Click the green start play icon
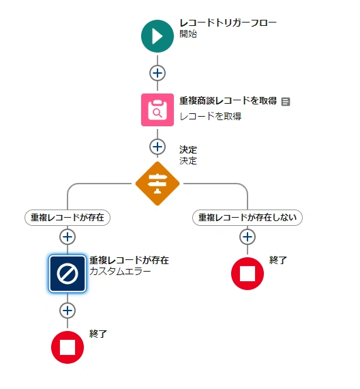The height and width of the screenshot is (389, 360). click(x=157, y=36)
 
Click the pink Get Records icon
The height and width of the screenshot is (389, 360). click(x=157, y=110)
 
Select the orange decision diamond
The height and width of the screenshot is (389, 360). click(x=157, y=184)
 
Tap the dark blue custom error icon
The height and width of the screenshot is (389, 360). click(x=67, y=274)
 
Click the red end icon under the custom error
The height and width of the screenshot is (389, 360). click(x=67, y=347)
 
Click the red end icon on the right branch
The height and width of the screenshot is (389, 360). click(x=247, y=274)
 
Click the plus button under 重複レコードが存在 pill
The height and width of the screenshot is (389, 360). click(x=67, y=237)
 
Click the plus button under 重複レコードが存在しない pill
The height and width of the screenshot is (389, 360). click(x=247, y=237)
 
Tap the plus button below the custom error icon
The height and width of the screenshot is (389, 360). click(x=67, y=311)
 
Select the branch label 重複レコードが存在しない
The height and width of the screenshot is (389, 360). click(x=247, y=218)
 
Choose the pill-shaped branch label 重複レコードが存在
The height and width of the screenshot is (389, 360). click(x=67, y=218)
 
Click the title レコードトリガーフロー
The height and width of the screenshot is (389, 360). click(x=228, y=23)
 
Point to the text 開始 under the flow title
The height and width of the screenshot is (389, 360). click(x=188, y=33)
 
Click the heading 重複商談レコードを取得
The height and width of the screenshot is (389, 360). click(x=228, y=101)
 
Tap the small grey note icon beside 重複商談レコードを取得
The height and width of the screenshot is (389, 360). click(x=286, y=102)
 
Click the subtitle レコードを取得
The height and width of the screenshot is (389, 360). click(x=210, y=116)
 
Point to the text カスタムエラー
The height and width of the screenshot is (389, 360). click(x=120, y=271)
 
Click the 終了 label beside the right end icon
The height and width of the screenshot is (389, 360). click(x=278, y=260)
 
